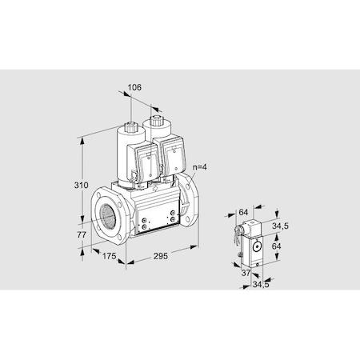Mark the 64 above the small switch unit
tap(243, 213)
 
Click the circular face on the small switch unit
tap(257, 247)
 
